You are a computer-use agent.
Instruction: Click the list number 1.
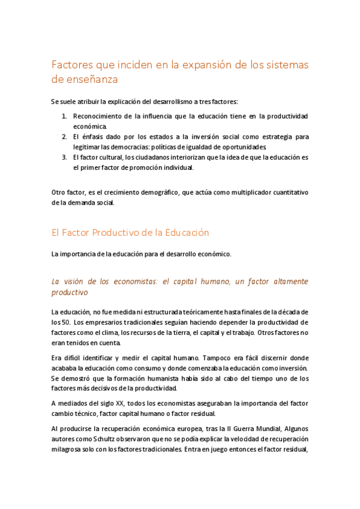coord(64,115)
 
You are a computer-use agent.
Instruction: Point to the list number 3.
coord(64,157)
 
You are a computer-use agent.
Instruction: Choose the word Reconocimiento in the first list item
coord(98,115)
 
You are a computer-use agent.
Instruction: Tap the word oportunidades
coord(240,147)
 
